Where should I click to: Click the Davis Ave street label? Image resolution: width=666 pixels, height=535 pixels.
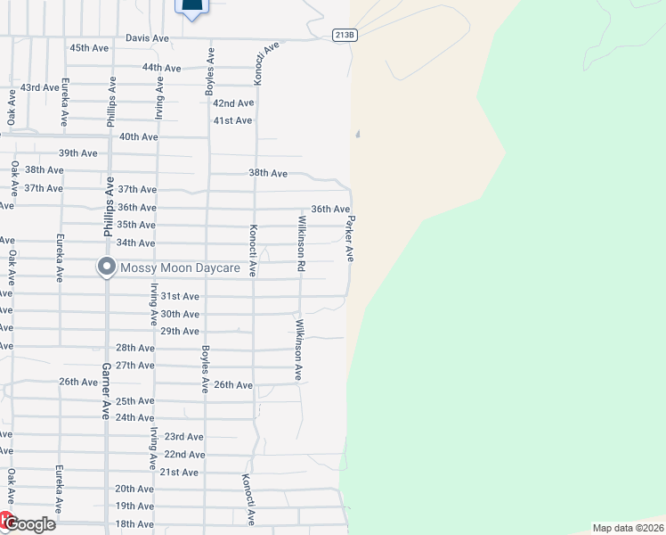[x=147, y=38]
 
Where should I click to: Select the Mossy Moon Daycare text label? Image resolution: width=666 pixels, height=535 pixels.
[x=180, y=267]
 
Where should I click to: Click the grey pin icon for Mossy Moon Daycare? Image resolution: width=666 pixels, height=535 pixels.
[x=107, y=267]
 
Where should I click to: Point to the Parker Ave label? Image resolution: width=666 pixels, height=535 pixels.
[x=351, y=238]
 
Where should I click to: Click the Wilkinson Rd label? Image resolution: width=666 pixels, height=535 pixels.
[x=302, y=243]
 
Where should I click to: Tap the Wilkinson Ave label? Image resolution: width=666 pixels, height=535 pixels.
[x=300, y=350]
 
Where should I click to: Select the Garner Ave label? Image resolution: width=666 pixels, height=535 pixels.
[x=105, y=391]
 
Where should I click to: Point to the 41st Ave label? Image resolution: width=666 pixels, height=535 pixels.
[x=232, y=120]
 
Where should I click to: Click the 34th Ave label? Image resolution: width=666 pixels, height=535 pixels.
[x=135, y=243]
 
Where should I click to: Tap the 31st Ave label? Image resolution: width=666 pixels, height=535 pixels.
[x=179, y=296]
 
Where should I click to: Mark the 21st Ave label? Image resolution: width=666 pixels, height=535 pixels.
[x=178, y=472]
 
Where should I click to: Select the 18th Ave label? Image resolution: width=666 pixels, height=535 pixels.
[x=134, y=523]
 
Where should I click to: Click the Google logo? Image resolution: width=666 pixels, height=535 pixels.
[x=28, y=523]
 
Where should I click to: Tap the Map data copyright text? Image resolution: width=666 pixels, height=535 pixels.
[x=628, y=528]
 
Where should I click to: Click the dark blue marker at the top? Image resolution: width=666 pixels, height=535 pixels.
[x=191, y=6]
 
